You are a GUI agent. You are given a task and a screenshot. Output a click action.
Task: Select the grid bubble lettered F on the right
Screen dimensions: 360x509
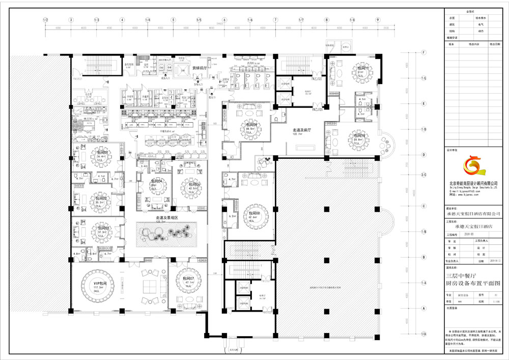pyautogui.click(x=423, y=52)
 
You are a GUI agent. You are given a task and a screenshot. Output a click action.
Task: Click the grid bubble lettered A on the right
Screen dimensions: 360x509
pyautogui.click(x=423, y=308)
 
